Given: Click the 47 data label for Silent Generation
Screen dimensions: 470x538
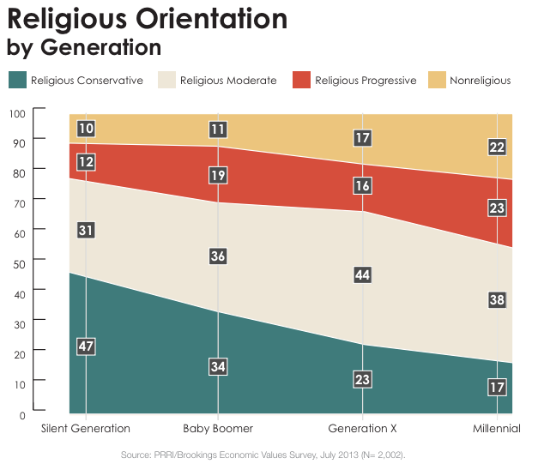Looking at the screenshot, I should point(86,346).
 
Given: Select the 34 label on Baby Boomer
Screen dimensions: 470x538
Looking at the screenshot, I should point(218,366).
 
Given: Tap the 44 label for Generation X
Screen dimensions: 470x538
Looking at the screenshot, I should point(362,274).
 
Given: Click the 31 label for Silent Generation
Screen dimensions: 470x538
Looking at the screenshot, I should point(86,230).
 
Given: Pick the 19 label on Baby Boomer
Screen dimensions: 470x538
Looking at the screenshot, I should point(218,176).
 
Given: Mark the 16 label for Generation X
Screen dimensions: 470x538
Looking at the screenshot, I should point(362,186).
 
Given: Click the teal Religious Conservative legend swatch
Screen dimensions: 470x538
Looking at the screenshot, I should point(16,81).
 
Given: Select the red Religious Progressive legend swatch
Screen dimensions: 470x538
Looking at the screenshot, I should point(300,81).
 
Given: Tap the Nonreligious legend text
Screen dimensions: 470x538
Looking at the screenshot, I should point(479,81).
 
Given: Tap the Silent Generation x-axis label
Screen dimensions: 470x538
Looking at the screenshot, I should point(86,428).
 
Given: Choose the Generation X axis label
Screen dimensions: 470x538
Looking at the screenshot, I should point(362,428).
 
